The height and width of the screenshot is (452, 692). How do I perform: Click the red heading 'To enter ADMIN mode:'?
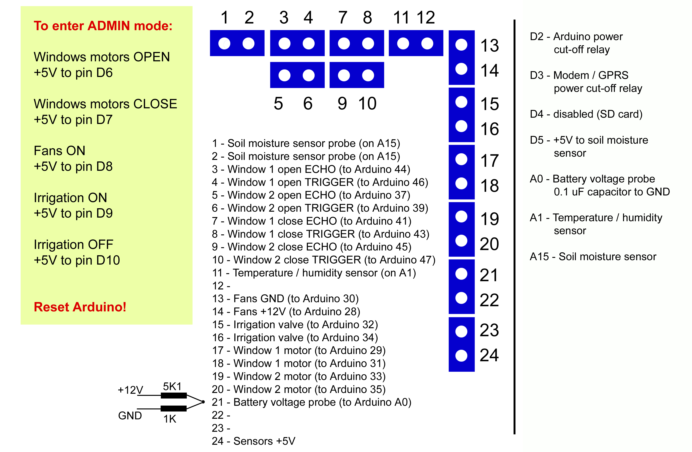103,26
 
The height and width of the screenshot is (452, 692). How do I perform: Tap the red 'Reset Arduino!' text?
80,307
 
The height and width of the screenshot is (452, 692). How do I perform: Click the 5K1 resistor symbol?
174,395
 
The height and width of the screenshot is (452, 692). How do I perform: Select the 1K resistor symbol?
174,408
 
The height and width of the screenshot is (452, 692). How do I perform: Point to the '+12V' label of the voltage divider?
130,390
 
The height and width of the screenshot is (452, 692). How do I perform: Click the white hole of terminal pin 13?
461,45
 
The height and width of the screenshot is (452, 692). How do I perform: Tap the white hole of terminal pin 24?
461,356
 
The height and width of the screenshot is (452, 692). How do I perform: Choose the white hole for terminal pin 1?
224,44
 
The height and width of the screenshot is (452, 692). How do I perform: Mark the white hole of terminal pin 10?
368,75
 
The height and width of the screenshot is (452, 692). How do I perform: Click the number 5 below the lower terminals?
278,104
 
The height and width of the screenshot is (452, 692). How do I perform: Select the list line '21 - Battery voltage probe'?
311,402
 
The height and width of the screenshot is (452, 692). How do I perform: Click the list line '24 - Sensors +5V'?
253,441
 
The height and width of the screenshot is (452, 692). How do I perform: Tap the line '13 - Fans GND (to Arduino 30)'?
285,299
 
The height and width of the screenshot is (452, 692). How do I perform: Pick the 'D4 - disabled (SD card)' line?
586,114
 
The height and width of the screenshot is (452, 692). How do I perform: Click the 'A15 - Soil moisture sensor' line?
593,257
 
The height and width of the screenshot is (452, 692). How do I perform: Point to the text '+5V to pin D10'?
77,260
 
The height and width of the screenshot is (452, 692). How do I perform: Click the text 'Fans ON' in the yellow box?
60,151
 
